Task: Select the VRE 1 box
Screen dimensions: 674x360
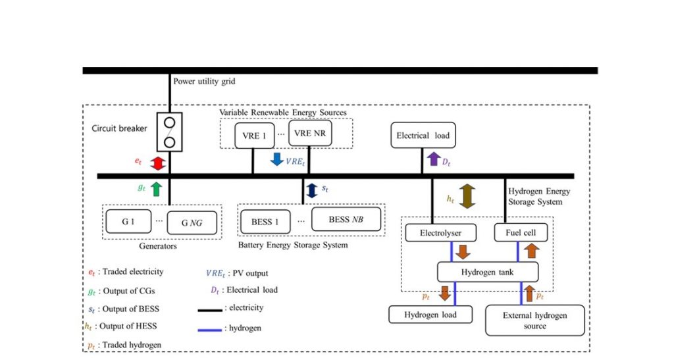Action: [x=255, y=136]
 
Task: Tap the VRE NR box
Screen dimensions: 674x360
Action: [x=310, y=133]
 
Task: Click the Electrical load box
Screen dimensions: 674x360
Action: [x=423, y=136]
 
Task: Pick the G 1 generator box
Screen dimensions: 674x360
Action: [x=128, y=222]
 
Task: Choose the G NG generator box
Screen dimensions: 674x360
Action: [x=192, y=222]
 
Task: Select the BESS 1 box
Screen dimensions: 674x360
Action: [x=265, y=222]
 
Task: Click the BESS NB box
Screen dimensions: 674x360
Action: [x=346, y=219]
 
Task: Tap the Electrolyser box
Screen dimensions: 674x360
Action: [x=440, y=233]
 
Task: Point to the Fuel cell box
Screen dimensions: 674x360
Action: [x=521, y=232]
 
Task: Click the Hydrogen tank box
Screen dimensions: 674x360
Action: [x=488, y=272]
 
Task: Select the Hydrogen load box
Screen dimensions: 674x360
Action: [x=430, y=315]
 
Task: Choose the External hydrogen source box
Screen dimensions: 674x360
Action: [x=534, y=321]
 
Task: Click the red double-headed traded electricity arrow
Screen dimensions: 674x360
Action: [x=158, y=163]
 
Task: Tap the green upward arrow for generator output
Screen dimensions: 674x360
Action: [x=157, y=189]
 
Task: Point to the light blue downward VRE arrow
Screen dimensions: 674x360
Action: [x=277, y=159]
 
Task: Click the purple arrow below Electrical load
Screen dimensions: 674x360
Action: [x=434, y=159]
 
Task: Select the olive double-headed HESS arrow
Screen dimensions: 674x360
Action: [x=467, y=196]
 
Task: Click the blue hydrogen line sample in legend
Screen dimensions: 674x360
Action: [x=210, y=330]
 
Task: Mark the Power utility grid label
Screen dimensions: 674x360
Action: [x=204, y=81]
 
